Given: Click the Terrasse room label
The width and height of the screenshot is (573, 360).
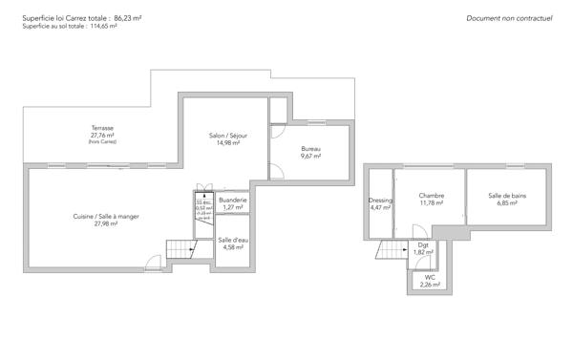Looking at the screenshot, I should [x=102, y=128].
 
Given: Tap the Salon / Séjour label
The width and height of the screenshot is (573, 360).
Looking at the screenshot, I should [x=228, y=137].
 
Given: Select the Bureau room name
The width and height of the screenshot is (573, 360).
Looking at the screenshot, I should [x=310, y=149].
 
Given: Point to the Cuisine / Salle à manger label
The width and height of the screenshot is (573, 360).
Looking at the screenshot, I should [x=106, y=217].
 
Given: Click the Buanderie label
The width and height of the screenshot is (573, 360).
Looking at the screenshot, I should [x=230, y=200].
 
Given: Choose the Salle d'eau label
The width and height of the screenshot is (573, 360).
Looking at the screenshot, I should [x=230, y=240].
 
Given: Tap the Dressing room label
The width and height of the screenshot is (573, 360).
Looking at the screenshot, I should [x=380, y=201].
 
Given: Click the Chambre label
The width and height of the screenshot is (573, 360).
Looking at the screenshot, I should [x=432, y=195].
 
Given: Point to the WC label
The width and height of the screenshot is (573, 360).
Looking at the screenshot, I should [x=431, y=278].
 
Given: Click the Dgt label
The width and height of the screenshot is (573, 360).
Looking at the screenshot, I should [x=423, y=245].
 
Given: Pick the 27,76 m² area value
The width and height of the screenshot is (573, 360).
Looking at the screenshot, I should [x=102, y=136].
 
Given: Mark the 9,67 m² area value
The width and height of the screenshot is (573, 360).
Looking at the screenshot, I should [x=310, y=156].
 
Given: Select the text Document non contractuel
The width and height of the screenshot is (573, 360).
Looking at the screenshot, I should [x=511, y=18].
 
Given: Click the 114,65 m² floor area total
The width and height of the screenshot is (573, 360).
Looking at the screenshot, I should [x=100, y=27].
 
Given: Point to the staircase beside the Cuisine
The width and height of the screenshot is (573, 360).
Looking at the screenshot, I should [x=180, y=249].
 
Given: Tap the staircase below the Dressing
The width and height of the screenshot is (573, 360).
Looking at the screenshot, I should [x=392, y=251].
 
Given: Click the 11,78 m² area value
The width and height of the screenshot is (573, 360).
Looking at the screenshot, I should [x=432, y=202].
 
